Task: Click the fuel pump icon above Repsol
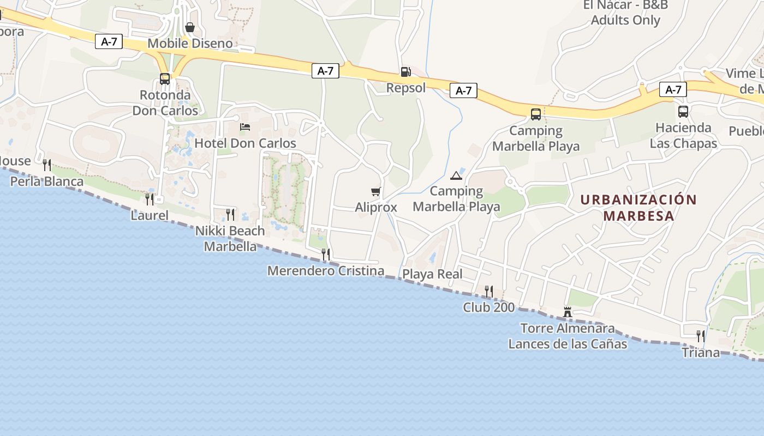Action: tap(405, 71)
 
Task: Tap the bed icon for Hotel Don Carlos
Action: tap(245, 127)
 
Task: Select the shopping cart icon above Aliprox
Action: tap(375, 191)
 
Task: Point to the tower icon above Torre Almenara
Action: tap(568, 312)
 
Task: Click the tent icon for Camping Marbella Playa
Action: tap(456, 175)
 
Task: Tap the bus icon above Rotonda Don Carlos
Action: tap(165, 79)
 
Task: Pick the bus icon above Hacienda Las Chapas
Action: tap(683, 112)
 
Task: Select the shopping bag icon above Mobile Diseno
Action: tap(190, 27)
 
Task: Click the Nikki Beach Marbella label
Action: tap(230, 238)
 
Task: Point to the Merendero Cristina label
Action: tap(326, 271)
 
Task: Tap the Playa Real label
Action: tap(432, 274)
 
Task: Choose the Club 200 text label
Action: tap(488, 307)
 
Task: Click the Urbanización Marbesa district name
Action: tap(638, 208)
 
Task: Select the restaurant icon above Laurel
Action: tap(150, 199)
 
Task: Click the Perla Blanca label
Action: tap(47, 181)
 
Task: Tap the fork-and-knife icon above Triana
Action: tap(701, 336)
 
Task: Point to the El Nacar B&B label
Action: tap(626, 13)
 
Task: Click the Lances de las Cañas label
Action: tap(568, 344)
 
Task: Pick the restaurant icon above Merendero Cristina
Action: tap(326, 255)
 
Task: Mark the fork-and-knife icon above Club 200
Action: tap(489, 292)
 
